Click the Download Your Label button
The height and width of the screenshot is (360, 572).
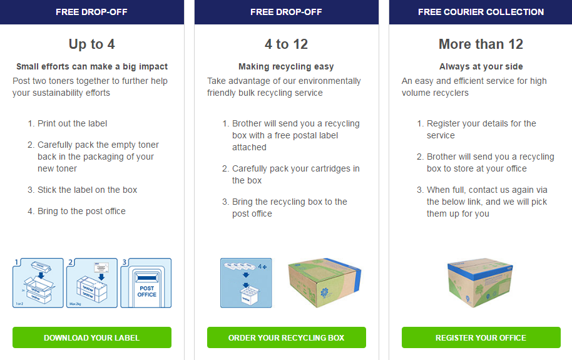pos(91,337)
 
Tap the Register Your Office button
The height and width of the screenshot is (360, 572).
pos(481,337)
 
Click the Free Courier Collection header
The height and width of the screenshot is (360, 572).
pos(481,12)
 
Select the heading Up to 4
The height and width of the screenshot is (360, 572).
pos(91,44)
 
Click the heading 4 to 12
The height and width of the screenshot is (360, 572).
pos(286,44)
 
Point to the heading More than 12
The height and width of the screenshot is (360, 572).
pos(481,44)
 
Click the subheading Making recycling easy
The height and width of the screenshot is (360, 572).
pos(286,66)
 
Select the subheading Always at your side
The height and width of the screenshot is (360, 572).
pos(481,66)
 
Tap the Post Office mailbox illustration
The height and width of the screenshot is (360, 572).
pos(146,283)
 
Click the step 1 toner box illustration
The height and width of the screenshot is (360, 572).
pos(38,283)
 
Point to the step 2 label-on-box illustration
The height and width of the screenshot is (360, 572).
pos(91,283)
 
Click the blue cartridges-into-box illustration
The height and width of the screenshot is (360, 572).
pos(246,283)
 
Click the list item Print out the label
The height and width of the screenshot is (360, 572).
pos(73,123)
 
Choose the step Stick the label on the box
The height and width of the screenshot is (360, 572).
pos(87,190)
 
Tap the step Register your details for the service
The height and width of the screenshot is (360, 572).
pos(481,129)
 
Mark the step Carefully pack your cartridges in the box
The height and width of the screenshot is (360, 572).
pos(295,174)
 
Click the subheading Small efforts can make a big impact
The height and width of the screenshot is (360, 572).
pos(92,66)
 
